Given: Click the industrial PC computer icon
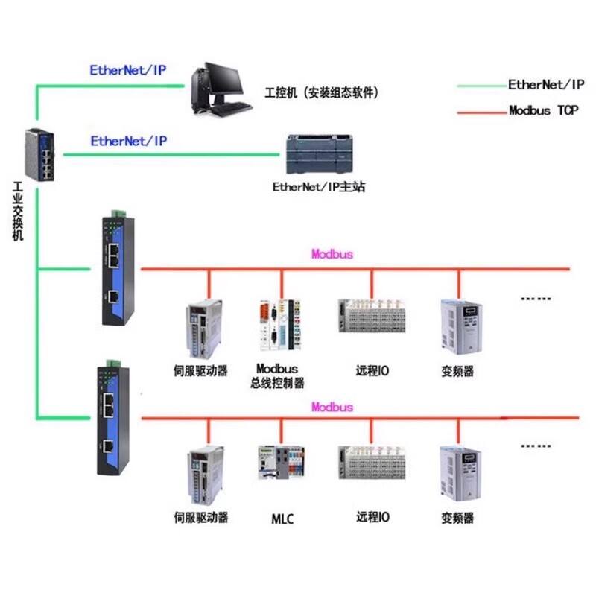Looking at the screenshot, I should pos(217,89).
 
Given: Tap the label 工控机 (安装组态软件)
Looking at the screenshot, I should pos(322,93).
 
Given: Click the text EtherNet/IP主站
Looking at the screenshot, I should pos(319,186).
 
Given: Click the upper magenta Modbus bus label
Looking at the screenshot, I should pos(332,254).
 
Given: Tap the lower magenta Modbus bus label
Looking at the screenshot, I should pos(332,408).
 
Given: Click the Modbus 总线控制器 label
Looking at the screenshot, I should pos(277,376).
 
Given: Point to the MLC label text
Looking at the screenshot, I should pos(282,519).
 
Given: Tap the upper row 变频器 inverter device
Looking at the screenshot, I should pos(457,325).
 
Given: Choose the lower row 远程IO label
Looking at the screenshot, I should pos(372,517).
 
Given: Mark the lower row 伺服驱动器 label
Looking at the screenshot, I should pos(200,517).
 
